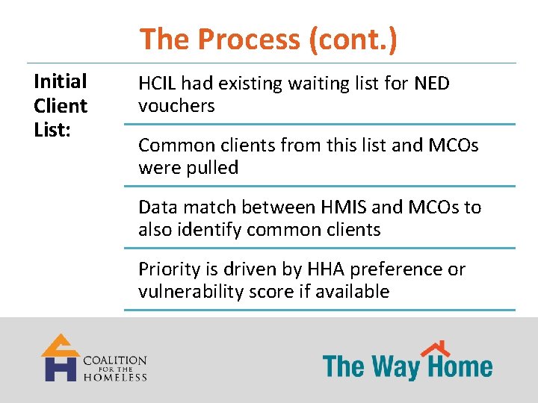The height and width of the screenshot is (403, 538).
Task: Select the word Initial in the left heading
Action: click(61, 81)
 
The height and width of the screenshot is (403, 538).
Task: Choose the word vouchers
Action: click(176, 106)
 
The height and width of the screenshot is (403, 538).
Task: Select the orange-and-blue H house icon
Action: click(60, 358)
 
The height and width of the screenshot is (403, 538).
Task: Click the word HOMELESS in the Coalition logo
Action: click(115, 377)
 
